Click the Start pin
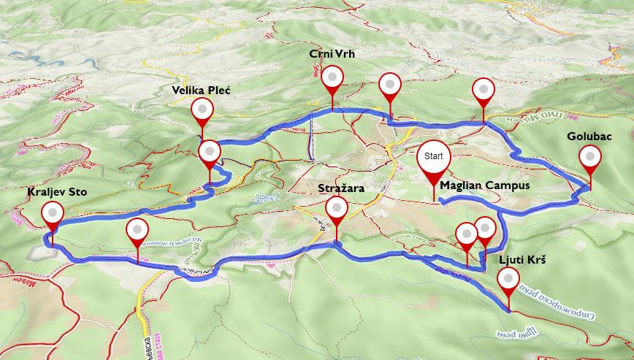click(434, 156)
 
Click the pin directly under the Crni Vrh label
click(333, 77)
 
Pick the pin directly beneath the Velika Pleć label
click(202, 110)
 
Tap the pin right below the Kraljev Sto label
click(53, 214)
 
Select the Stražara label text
click(341, 188)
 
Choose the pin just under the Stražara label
click(336, 210)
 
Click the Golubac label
click(589, 137)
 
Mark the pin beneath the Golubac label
click(589, 157)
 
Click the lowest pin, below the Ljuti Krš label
click(508, 280)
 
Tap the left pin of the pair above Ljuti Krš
click(466, 234)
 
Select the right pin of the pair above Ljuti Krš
click(485, 228)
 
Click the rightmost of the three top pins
click(483, 90)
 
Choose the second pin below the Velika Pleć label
click(209, 152)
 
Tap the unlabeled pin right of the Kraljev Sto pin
click(137, 231)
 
